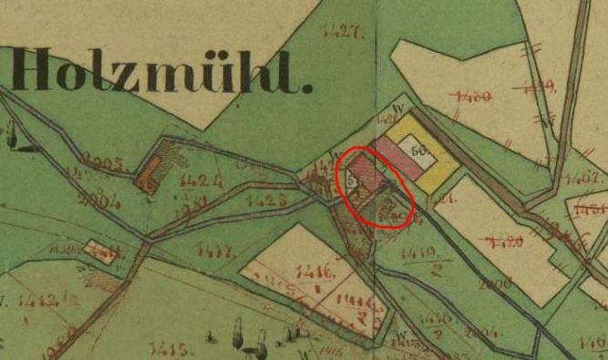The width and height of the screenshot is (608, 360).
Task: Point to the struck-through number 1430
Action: click(x=470, y=94)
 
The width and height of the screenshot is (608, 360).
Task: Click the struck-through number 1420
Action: click(x=502, y=242)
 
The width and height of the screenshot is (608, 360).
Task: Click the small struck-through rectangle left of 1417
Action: click(x=103, y=251)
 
